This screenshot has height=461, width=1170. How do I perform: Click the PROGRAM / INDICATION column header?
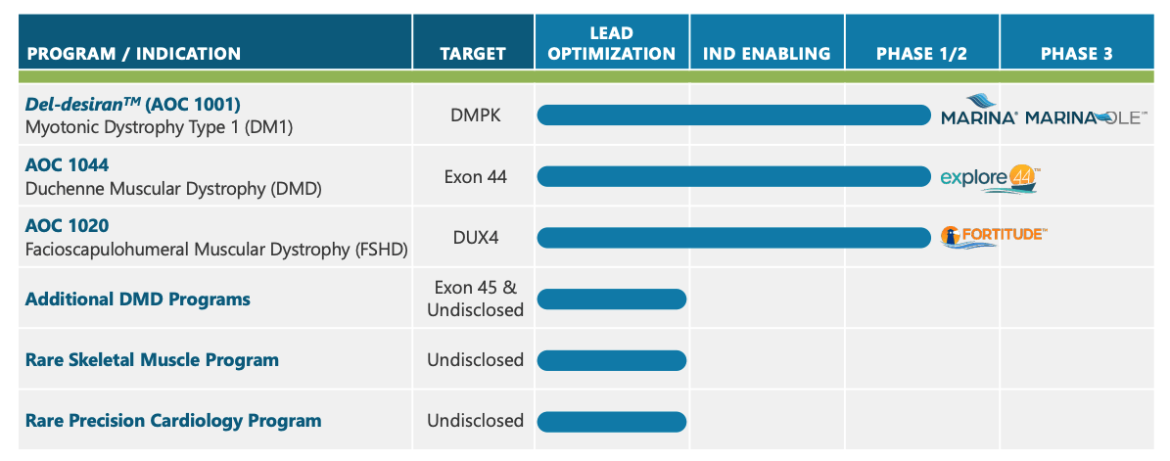point(133,54)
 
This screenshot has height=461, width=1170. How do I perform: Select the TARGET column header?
point(473,54)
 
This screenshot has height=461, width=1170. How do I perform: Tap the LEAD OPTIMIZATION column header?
point(612,44)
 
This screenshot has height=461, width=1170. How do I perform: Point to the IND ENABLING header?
point(767,54)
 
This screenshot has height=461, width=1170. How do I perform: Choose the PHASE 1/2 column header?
point(921,54)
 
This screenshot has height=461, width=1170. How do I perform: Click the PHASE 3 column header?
point(1076,54)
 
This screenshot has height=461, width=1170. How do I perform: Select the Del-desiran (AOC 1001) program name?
point(133,104)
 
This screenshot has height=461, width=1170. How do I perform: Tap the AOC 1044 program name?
point(67,164)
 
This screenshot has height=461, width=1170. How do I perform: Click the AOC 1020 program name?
point(67,225)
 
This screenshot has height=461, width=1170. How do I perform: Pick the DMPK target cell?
point(475,115)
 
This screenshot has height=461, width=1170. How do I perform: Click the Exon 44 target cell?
point(475,177)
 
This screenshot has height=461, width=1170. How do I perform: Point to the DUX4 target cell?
point(475,238)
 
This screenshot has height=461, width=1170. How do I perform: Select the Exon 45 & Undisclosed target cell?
point(475,299)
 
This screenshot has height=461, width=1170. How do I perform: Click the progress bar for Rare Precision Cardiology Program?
point(612,421)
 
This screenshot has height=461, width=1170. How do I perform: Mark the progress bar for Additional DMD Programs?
point(612,299)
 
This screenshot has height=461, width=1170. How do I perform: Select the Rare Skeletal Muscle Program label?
point(152,360)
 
